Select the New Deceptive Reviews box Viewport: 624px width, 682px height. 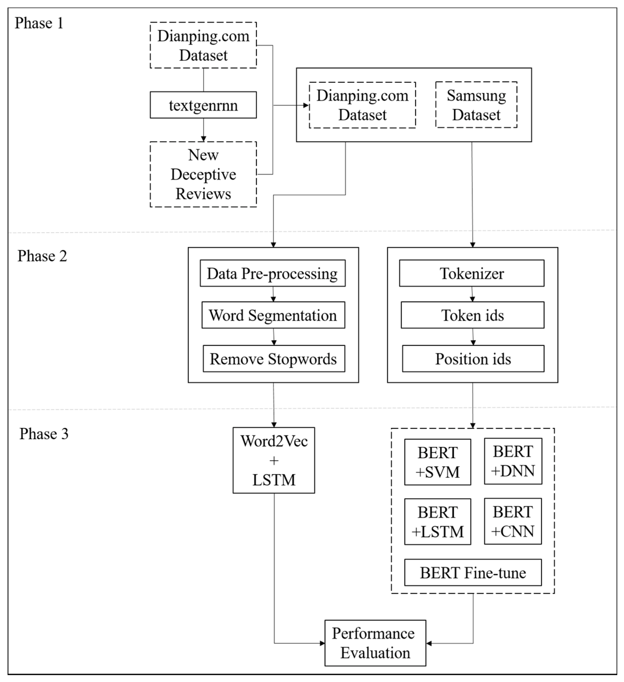click(203, 174)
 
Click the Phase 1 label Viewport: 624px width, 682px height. click(39, 23)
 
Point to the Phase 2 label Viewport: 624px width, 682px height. click(42, 256)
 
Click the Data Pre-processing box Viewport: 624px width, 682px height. click(272, 273)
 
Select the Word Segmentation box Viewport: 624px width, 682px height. click(273, 315)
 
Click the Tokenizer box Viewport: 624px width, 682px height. click(472, 273)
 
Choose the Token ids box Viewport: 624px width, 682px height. click(472, 315)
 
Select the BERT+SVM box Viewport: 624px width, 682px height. click(437, 462)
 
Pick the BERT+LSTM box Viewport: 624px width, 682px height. click(437, 522)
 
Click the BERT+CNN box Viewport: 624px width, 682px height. click(512, 521)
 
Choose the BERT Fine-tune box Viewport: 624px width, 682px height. click(473, 573)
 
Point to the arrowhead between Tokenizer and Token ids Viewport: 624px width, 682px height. click(472, 299)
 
